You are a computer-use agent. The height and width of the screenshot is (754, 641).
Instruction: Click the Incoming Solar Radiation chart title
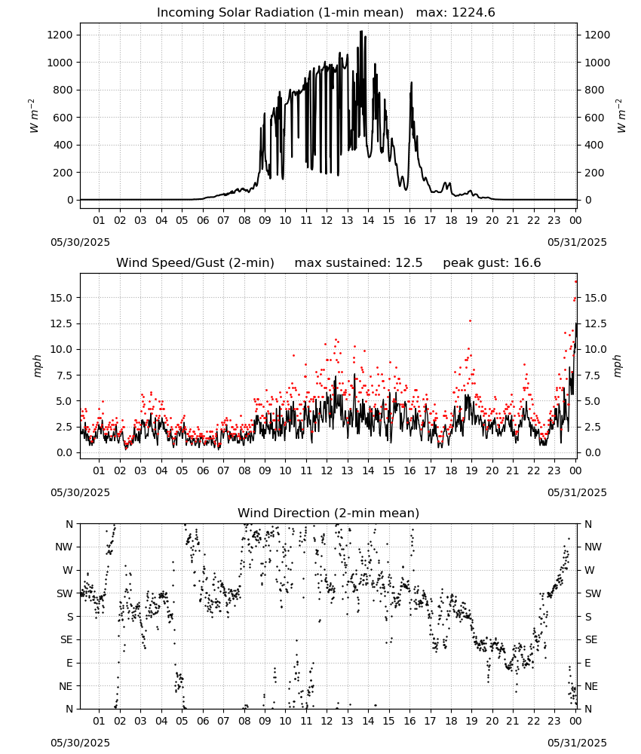click(x=280, y=12)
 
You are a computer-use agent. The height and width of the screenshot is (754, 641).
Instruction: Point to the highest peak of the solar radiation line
click(x=361, y=32)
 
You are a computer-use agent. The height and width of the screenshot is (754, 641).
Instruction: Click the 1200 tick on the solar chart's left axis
click(x=60, y=35)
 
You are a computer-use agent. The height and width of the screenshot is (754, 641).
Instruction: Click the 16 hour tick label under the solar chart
click(x=409, y=220)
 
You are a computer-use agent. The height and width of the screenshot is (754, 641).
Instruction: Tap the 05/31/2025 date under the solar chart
click(x=577, y=242)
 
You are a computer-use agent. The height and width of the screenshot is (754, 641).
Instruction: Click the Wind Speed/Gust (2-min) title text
click(x=195, y=262)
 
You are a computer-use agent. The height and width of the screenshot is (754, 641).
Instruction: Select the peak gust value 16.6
click(x=528, y=262)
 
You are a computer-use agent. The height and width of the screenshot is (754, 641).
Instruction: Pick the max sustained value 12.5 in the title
click(x=409, y=262)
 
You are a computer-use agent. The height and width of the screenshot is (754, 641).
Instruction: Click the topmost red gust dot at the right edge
click(x=576, y=282)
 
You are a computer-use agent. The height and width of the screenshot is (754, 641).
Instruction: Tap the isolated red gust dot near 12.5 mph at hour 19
click(x=471, y=320)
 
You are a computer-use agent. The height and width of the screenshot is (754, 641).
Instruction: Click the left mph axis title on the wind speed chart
click(x=38, y=366)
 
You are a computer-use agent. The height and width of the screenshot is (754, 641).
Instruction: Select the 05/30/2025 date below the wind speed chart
click(x=80, y=492)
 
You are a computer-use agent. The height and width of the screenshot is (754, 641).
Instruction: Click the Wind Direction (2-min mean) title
click(x=329, y=513)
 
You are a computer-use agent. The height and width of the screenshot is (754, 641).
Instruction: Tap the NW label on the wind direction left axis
click(x=64, y=547)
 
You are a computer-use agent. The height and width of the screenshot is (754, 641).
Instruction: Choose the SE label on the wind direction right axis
click(x=591, y=640)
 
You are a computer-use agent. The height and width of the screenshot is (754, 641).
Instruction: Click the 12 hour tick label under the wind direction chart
click(x=327, y=721)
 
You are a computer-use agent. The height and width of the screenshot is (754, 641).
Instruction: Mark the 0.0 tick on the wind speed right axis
click(x=593, y=452)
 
